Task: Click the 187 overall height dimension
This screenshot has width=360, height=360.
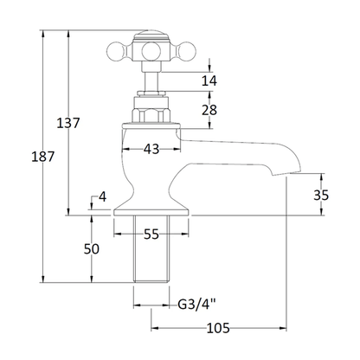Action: [x=43, y=157]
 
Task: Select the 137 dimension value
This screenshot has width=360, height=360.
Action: [x=68, y=123]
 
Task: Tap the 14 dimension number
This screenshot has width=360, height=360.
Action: [x=209, y=80]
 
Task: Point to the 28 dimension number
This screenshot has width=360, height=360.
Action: [x=209, y=110]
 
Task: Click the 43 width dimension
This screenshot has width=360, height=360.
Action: [x=151, y=149]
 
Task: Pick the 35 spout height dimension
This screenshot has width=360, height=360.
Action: [x=321, y=196]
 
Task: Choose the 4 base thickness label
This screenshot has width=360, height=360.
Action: [x=102, y=197]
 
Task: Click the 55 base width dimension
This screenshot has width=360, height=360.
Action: [x=151, y=235]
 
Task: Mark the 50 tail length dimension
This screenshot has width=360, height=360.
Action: [x=92, y=249]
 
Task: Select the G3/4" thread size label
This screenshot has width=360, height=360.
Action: [x=197, y=305]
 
